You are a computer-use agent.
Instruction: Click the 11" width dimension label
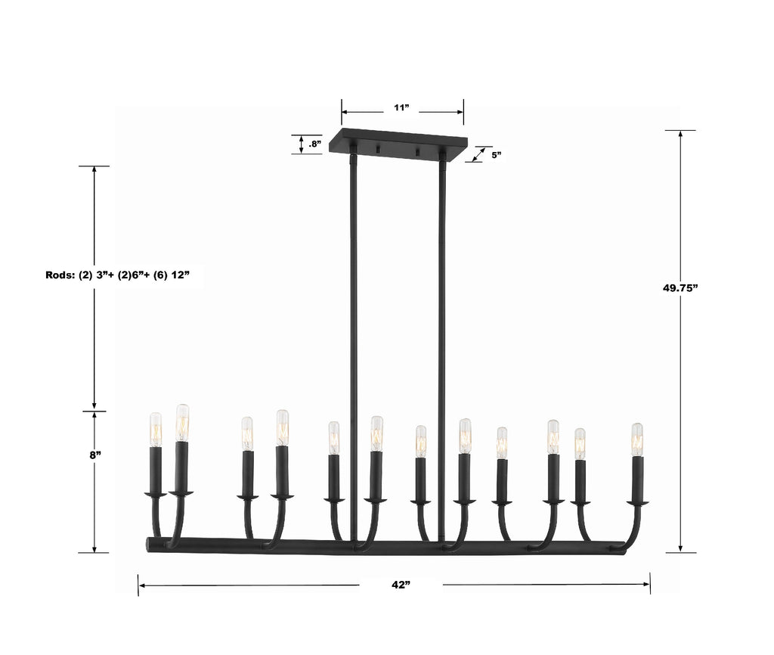(x=401, y=109)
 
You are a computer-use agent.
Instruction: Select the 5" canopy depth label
(x=496, y=154)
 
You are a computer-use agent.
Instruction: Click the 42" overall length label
(x=401, y=585)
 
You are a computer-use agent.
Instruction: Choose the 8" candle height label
(x=94, y=455)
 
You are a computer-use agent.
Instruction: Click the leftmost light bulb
(x=155, y=430)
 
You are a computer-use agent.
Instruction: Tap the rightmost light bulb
(x=637, y=439)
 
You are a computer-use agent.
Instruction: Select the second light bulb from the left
(x=182, y=423)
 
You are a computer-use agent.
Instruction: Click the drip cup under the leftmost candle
(x=156, y=495)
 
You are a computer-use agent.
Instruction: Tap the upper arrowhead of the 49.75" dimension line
(x=681, y=135)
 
